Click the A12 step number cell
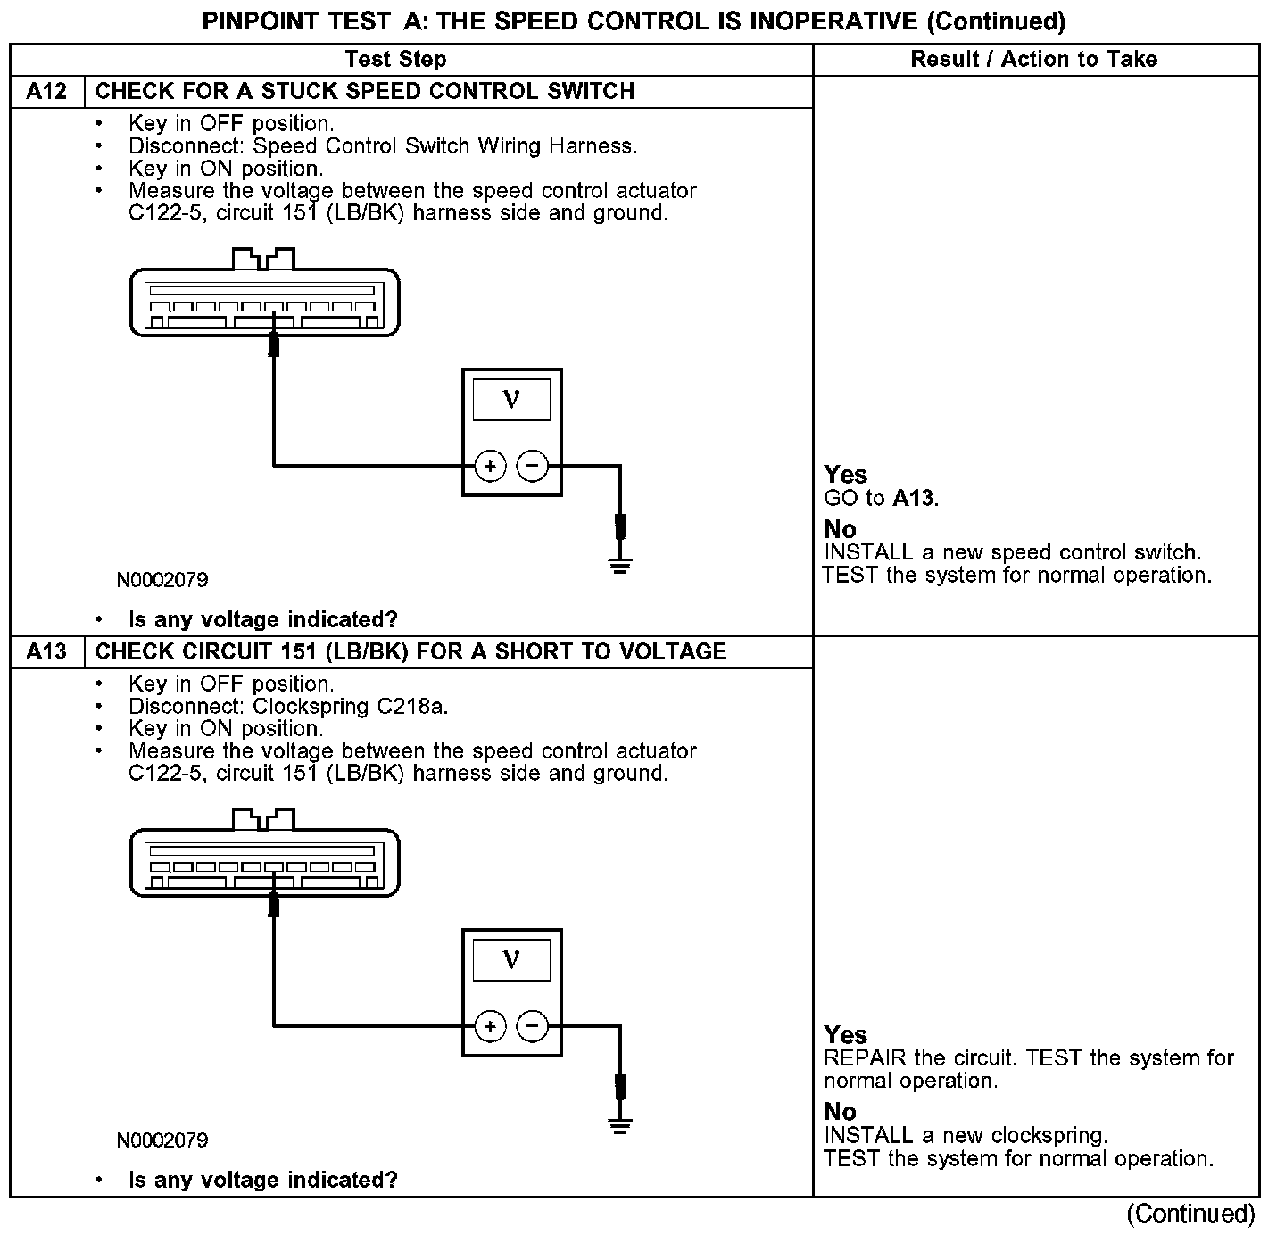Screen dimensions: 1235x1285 46,92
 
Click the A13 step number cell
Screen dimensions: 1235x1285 46,652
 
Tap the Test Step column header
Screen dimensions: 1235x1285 395,60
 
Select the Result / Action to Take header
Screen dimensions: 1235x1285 1033,60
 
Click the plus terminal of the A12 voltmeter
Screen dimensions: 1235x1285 490,466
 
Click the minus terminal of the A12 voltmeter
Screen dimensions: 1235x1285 533,466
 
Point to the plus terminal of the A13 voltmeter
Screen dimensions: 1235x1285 490,1026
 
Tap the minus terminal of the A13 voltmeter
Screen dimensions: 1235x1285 533,1026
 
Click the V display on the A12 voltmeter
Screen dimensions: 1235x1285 511,399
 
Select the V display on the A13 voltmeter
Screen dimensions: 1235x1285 511,959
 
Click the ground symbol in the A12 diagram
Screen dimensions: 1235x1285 620,564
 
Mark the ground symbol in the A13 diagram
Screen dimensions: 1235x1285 620,1124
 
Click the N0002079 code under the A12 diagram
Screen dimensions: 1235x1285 162,580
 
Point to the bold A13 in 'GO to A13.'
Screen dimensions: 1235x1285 914,498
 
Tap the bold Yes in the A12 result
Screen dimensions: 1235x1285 845,475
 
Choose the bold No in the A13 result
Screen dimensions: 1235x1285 840,1112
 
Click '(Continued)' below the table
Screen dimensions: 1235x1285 1190,1214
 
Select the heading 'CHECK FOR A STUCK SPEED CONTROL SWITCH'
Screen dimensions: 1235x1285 365,92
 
